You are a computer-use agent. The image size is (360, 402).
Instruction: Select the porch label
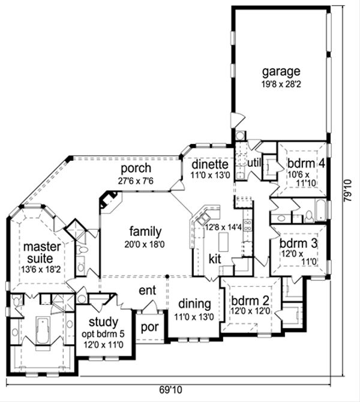pos(135,168)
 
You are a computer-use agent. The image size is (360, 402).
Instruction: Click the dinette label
pos(209,164)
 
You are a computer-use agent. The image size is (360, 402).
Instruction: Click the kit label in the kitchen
pos(215,259)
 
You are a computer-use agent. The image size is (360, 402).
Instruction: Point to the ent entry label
pos(147,290)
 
